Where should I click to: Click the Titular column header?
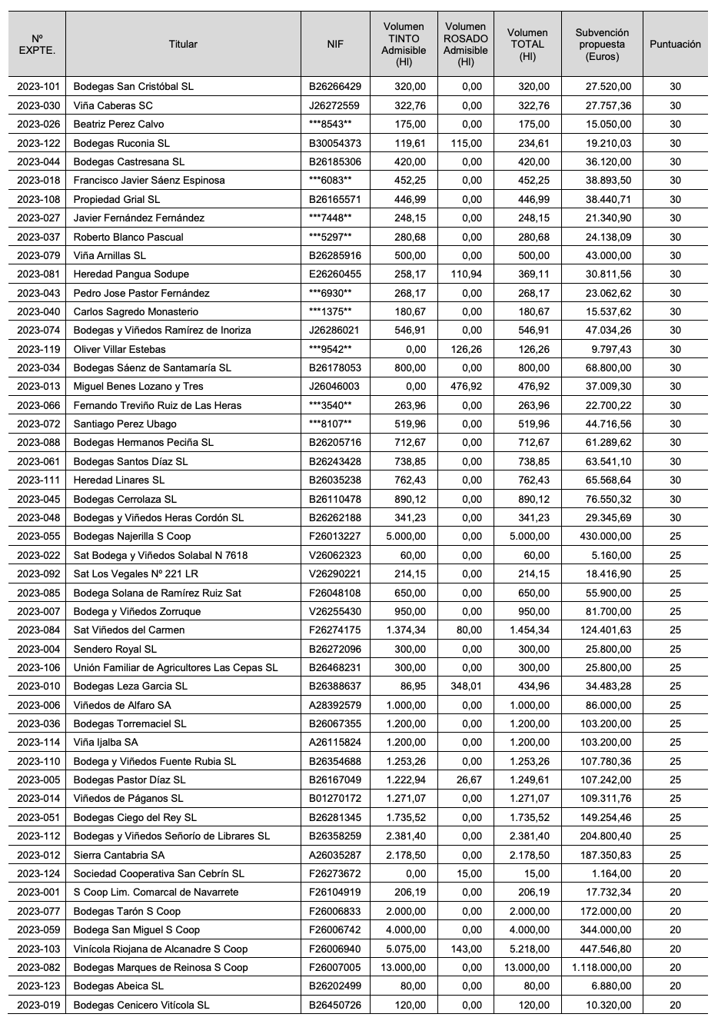183,45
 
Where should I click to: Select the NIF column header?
335,45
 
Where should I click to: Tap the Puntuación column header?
675,45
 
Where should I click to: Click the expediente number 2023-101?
38,87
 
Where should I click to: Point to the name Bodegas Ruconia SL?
121,143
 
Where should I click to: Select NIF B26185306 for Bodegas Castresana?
335,161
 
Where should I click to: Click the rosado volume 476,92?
467,387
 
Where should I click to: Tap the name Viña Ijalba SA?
106,743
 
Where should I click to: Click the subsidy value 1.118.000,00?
601,968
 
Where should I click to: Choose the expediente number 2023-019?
38,1005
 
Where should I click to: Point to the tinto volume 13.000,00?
404,968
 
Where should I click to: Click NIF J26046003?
335,387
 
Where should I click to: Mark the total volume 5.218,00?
530,949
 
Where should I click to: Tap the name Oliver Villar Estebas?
120,349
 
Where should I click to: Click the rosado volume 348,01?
467,687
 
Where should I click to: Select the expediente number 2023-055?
38,537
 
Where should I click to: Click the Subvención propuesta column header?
602,45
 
